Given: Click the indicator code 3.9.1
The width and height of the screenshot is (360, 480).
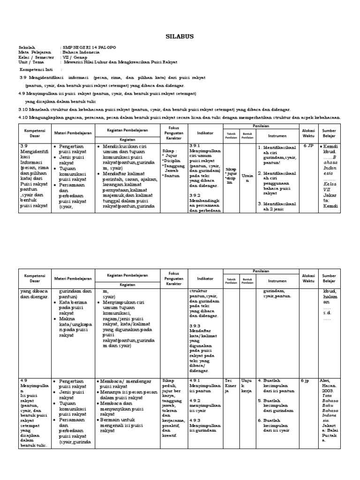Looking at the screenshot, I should coord(195,146).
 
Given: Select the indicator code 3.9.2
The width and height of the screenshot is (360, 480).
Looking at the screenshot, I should coord(195,195).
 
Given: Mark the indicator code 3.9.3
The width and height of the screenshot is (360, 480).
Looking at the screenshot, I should coord(195,325).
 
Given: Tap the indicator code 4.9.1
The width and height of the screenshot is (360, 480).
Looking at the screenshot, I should coord(195,380).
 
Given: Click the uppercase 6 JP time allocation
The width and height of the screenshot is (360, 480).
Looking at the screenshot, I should coord(308,146).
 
